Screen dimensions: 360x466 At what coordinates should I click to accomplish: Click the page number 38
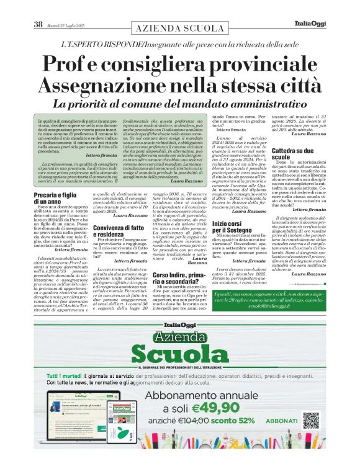[38, 25]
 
